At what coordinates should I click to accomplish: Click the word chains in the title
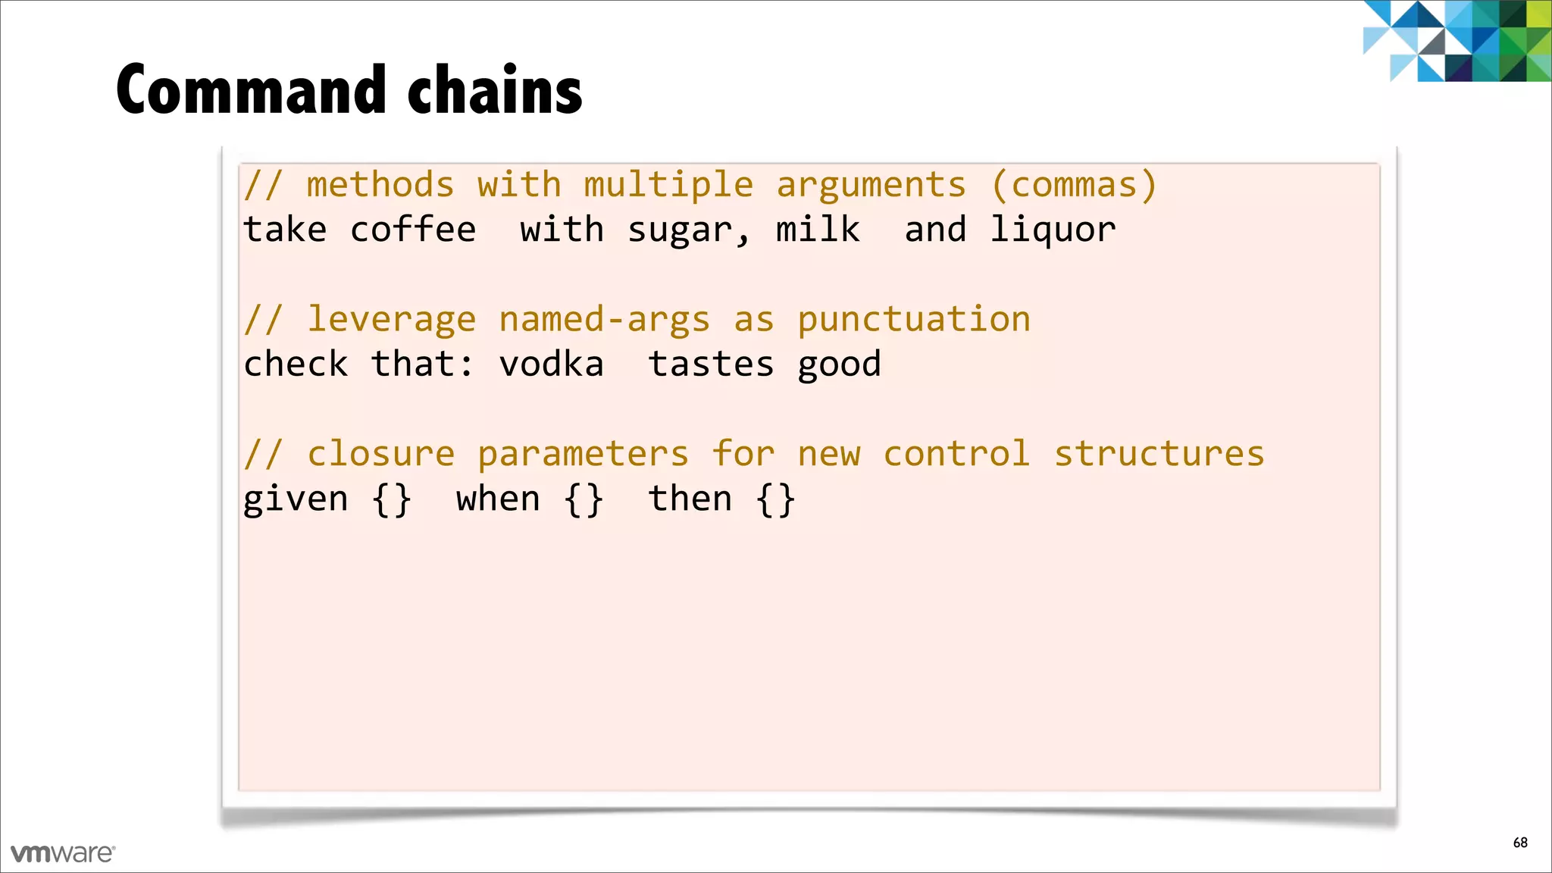(495, 90)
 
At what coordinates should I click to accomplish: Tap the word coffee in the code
(413, 230)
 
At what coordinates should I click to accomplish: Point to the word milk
(818, 229)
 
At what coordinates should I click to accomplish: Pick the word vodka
(551, 365)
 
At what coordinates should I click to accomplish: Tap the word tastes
(711, 365)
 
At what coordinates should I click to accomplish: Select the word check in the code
(296, 365)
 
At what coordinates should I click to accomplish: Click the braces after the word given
(392, 500)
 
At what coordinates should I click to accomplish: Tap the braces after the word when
(584, 500)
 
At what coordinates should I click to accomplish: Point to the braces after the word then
(775, 500)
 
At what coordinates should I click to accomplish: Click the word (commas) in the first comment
(1073, 186)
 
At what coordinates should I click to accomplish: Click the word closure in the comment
(380, 455)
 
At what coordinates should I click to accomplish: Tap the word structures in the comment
(1159, 454)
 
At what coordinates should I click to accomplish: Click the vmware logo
(63, 853)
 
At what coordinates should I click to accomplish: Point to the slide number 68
(1520, 843)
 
